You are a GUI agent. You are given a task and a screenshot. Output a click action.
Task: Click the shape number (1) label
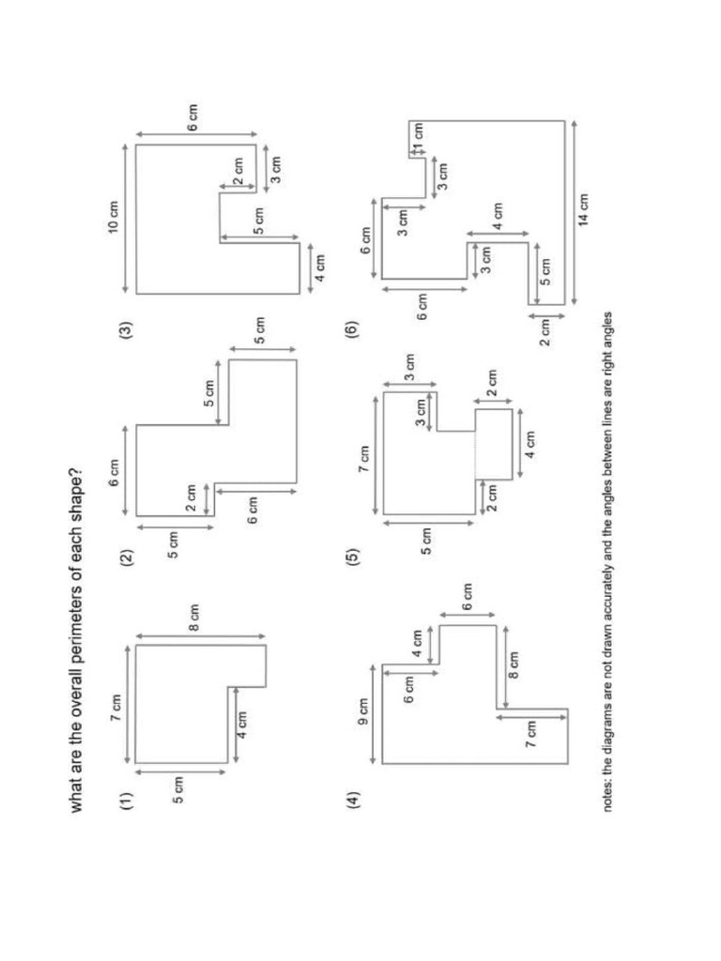pos(126,800)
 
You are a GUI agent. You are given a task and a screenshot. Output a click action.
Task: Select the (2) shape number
pos(126,560)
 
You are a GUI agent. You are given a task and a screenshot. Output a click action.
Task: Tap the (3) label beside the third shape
pos(126,331)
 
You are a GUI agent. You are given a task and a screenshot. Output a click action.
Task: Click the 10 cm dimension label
pos(115,216)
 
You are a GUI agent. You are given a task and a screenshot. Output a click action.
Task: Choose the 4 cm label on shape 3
pos(321,265)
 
